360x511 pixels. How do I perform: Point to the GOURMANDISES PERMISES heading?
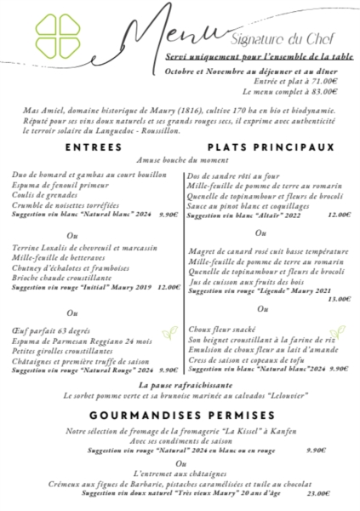point(180,415)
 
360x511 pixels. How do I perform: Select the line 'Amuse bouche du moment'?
point(180,160)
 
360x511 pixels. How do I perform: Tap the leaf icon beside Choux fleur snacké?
point(337,330)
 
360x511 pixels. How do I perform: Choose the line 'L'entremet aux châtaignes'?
point(180,474)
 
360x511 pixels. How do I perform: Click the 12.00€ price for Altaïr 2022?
point(338,215)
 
